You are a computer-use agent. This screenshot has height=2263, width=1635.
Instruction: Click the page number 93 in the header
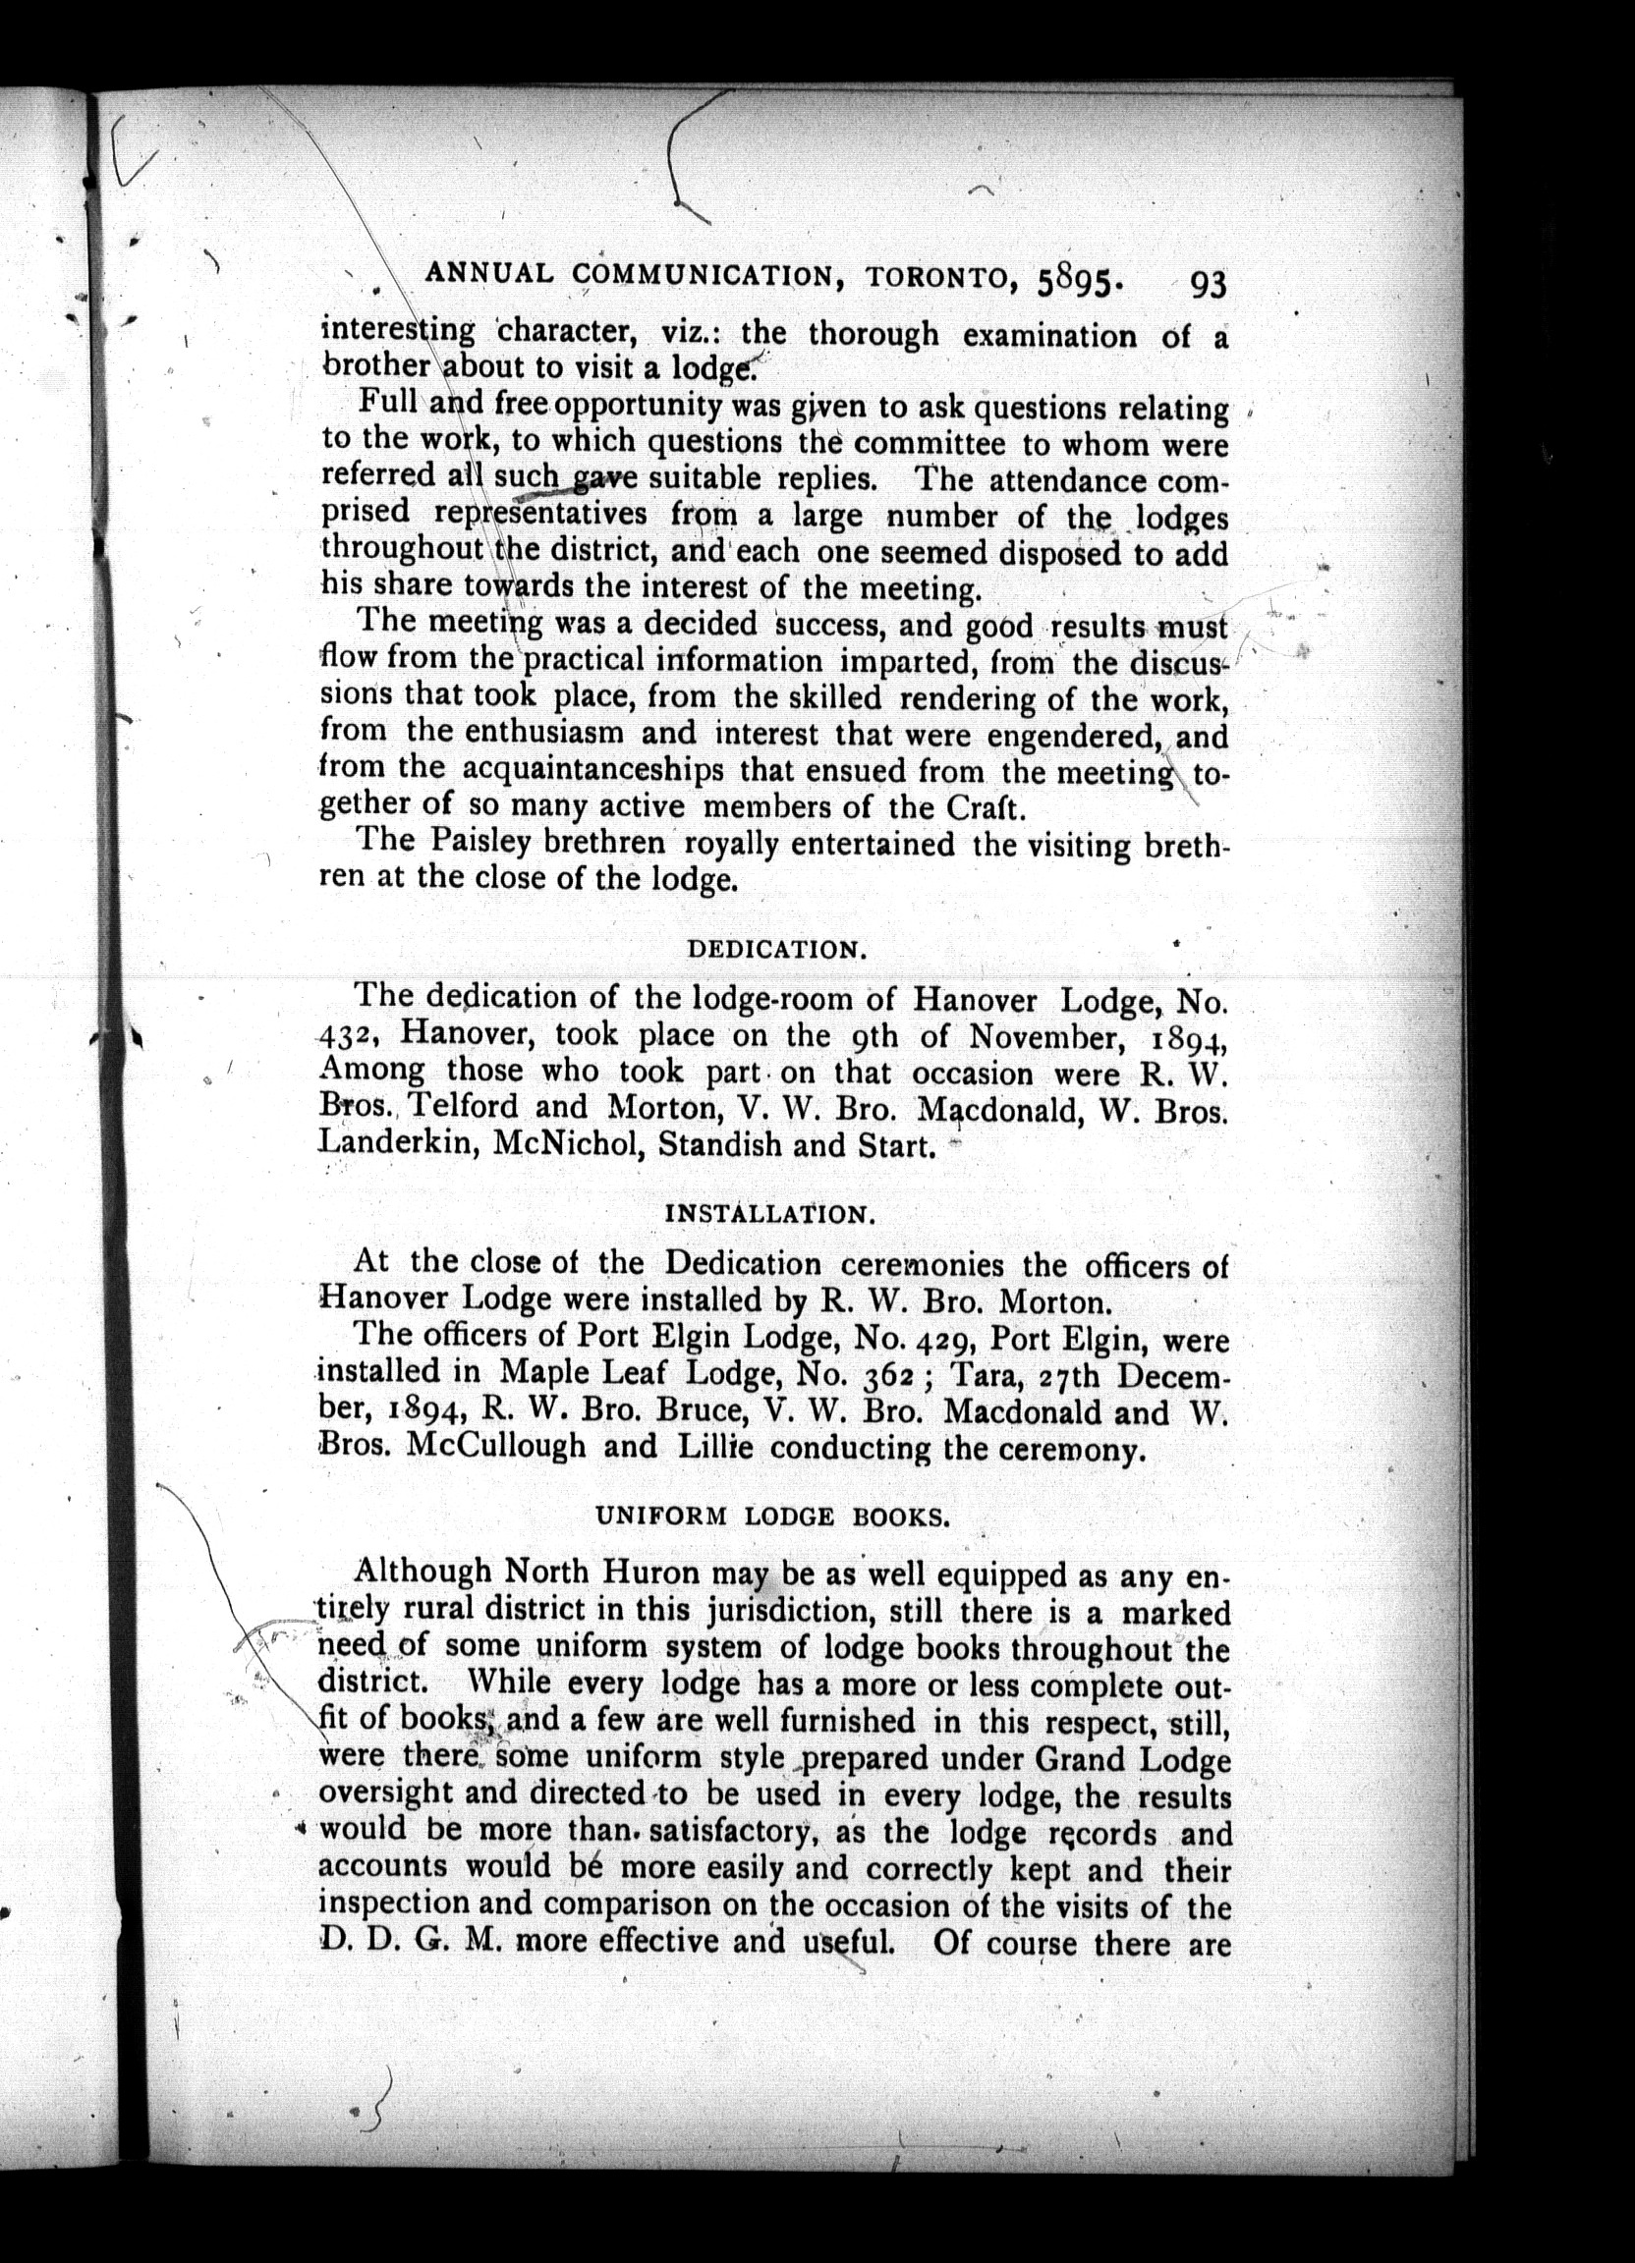[1206, 286]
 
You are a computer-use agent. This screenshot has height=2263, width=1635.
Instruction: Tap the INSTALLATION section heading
[769, 1214]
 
